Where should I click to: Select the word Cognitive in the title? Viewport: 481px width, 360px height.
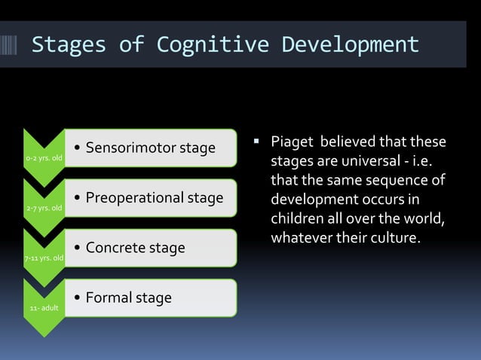212,44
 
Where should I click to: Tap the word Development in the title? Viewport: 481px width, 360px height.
351,44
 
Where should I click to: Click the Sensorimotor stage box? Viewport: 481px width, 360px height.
151,148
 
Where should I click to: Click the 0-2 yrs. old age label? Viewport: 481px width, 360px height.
44,158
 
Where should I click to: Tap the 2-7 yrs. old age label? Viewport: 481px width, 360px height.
44,208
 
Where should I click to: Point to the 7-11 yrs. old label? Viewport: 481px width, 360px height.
44,258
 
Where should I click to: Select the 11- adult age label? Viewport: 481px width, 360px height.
44,308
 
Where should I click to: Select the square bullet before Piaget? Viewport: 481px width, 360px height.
256,141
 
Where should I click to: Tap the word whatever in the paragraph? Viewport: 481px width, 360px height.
302,239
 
